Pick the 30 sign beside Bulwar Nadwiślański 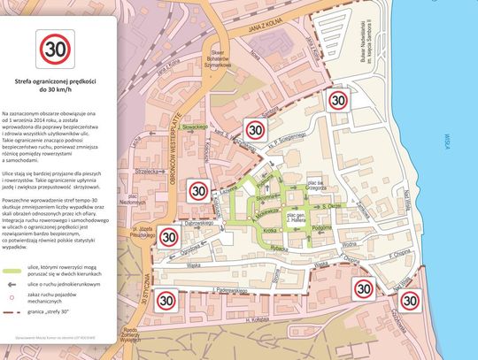[337, 100]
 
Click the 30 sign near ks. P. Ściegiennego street [255, 130]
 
